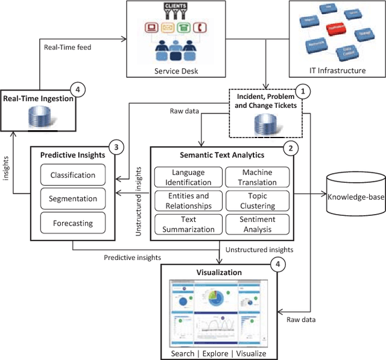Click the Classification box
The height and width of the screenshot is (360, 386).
[72, 175]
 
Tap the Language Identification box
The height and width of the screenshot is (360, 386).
[188, 177]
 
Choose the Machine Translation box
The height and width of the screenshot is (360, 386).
[258, 177]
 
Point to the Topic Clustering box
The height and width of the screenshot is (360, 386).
[258, 201]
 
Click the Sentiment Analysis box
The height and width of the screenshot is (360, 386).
[258, 224]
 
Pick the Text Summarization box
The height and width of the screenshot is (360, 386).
[188, 224]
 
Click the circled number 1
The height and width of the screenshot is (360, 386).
[305, 92]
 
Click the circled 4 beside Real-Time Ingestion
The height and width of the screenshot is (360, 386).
[77, 90]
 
